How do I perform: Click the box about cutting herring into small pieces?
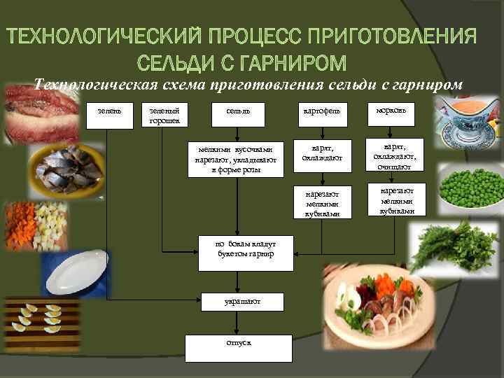tap(236, 160)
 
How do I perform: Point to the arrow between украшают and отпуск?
tap(238, 322)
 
